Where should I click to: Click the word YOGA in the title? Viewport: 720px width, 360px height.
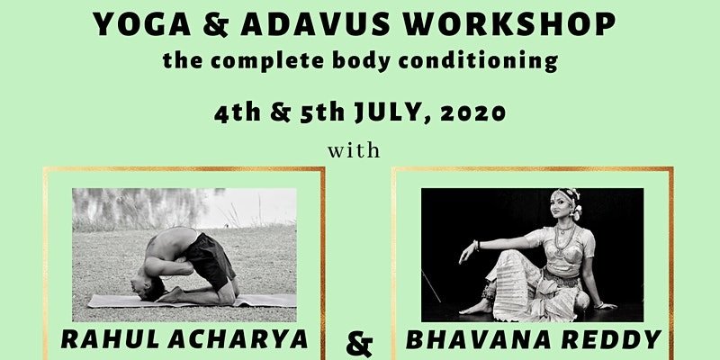click(142, 24)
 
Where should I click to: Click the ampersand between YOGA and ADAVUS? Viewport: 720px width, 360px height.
click(216, 25)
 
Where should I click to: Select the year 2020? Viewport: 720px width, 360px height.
click(472, 113)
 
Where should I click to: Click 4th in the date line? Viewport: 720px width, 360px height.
click(237, 113)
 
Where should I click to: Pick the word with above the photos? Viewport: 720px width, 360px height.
click(354, 150)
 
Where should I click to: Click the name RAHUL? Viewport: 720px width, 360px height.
click(111, 339)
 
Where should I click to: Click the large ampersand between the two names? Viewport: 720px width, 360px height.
click(359, 346)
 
